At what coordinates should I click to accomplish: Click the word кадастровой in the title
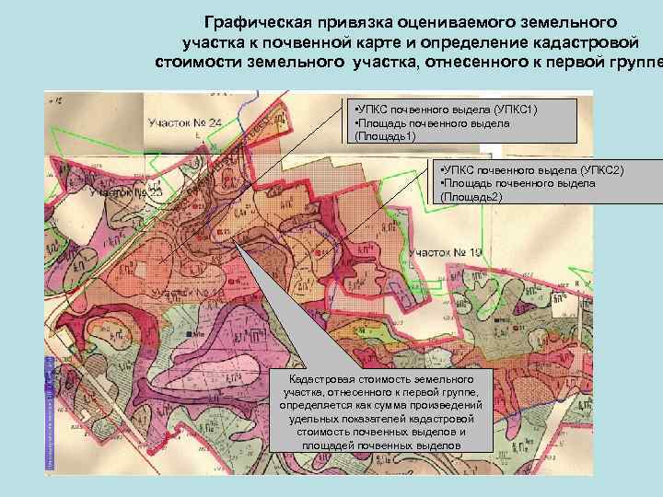[x=560, y=41]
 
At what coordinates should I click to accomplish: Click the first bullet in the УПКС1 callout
[x=356, y=110]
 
